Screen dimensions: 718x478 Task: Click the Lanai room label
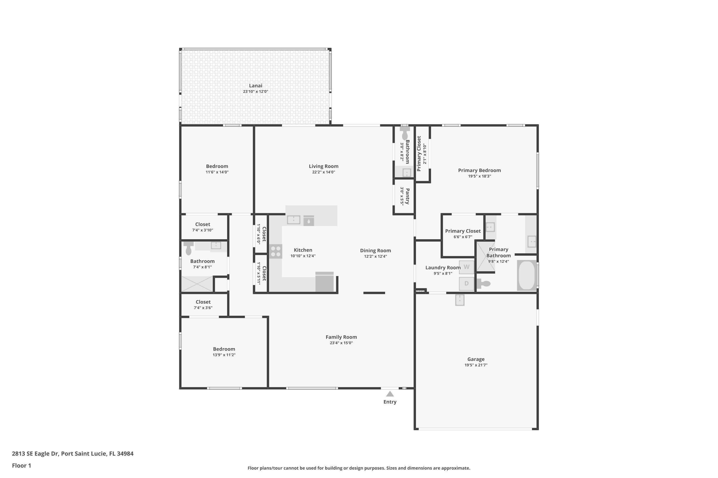256,86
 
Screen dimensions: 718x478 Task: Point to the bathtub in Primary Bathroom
527,275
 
